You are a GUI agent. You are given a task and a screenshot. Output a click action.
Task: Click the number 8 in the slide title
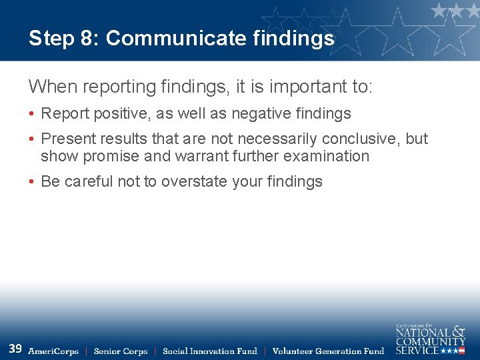pyautogui.click(x=88, y=39)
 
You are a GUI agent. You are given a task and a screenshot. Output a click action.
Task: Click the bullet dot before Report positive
pyautogui.click(x=32, y=115)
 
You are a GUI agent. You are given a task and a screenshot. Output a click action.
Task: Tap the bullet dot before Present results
pyautogui.click(x=32, y=139)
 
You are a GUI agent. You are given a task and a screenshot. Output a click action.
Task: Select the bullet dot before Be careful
pyautogui.click(x=32, y=182)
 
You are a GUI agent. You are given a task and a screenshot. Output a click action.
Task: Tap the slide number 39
pyautogui.click(x=15, y=349)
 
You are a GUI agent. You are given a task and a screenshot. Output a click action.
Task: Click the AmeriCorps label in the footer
pyautogui.click(x=53, y=351)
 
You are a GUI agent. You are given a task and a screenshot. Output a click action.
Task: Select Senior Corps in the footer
pyautogui.click(x=121, y=351)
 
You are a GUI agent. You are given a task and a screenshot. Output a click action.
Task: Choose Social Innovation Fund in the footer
pyautogui.click(x=209, y=351)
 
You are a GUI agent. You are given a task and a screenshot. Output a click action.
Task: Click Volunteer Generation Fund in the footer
pyautogui.click(x=328, y=351)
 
